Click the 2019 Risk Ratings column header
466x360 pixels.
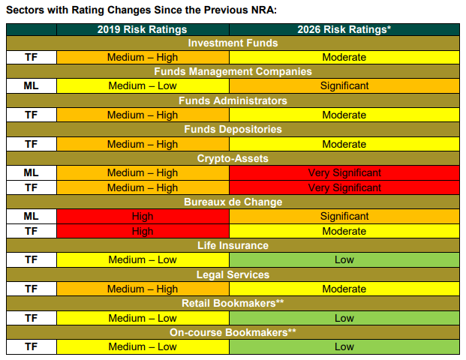click(142, 29)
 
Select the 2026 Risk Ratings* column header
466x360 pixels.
click(344, 29)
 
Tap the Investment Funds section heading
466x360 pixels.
click(233, 43)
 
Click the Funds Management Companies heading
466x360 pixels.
click(233, 71)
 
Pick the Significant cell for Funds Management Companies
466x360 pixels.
click(344, 85)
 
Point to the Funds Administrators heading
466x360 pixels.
click(233, 100)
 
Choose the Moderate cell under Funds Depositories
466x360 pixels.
click(344, 144)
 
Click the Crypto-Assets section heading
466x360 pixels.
click(233, 158)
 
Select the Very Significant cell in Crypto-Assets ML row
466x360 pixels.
click(344, 172)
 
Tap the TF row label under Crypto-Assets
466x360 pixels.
click(32, 187)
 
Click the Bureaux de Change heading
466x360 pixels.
click(233, 202)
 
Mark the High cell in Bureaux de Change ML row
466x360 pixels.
click(143, 216)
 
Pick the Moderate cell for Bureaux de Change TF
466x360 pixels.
click(344, 231)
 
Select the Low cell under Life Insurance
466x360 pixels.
click(344, 260)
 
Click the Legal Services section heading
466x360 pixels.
click(233, 274)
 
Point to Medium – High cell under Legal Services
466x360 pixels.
click(143, 289)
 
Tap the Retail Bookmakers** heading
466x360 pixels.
click(233, 303)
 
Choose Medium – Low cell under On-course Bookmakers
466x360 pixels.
click(143, 346)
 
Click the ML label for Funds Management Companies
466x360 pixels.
click(32, 85)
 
